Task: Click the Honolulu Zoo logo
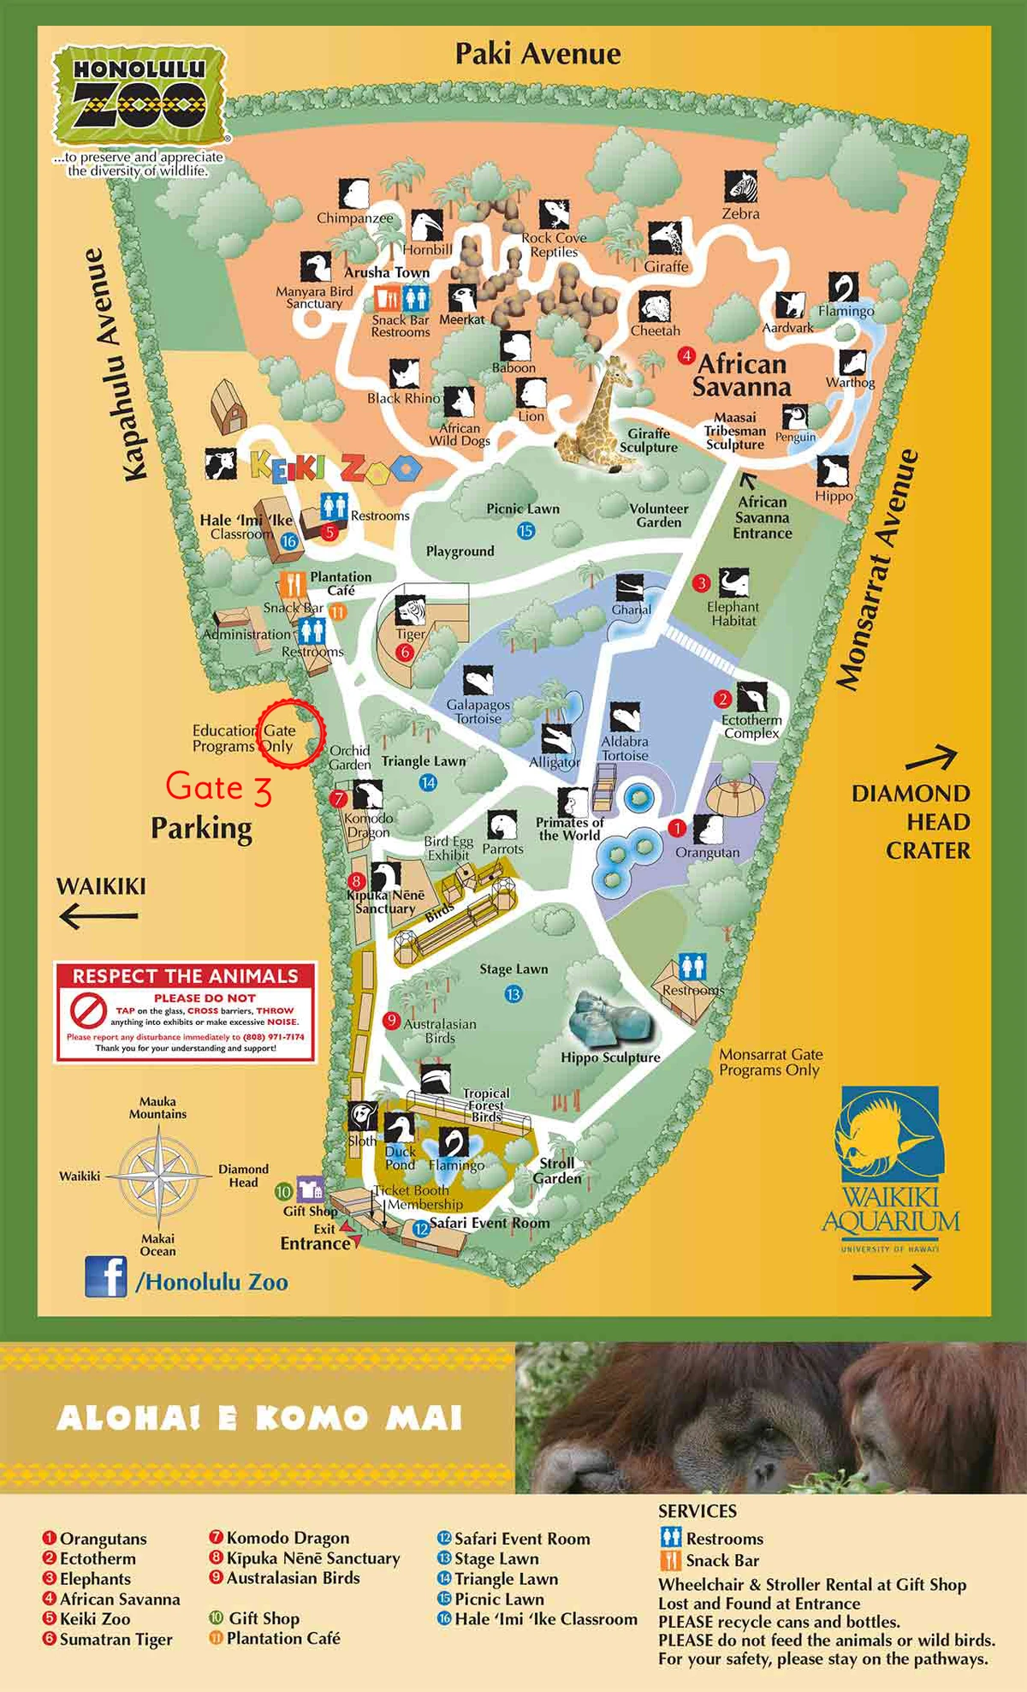tap(140, 97)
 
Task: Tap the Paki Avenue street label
tap(537, 54)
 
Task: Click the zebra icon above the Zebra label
tap(741, 186)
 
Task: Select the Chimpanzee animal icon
tap(353, 194)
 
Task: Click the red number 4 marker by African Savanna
tap(686, 354)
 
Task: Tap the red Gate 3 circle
tap(291, 734)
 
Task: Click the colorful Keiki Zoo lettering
tap(335, 468)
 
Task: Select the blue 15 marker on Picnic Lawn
tap(525, 531)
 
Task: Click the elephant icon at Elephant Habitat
tap(733, 583)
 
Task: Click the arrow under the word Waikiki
tap(98, 916)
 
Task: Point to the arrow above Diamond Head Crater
tap(930, 759)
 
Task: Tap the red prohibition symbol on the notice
tap(86, 1011)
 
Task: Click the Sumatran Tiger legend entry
tap(116, 1639)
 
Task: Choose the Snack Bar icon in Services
tap(672, 1560)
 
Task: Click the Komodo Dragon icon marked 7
tap(368, 795)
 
